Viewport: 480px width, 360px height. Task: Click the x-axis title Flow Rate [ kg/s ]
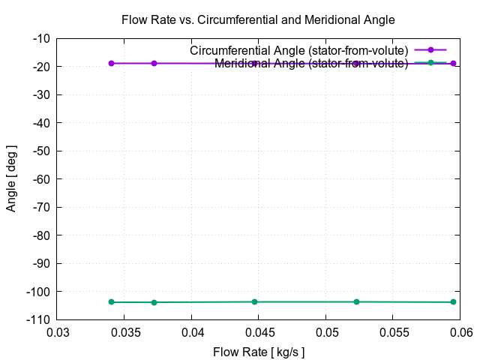pos(259,352)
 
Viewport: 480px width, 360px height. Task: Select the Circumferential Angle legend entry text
pos(298,50)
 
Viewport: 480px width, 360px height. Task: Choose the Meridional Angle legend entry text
pos(311,63)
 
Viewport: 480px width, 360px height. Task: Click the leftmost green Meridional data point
pos(111,301)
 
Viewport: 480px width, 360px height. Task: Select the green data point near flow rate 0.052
pos(356,301)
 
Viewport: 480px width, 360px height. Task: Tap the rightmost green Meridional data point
pos(453,302)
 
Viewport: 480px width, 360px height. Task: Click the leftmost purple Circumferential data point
pos(111,63)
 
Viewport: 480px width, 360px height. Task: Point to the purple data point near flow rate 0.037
pos(154,63)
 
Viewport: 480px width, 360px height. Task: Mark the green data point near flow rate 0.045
pos(254,301)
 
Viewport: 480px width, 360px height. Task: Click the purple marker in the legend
pos(430,50)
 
